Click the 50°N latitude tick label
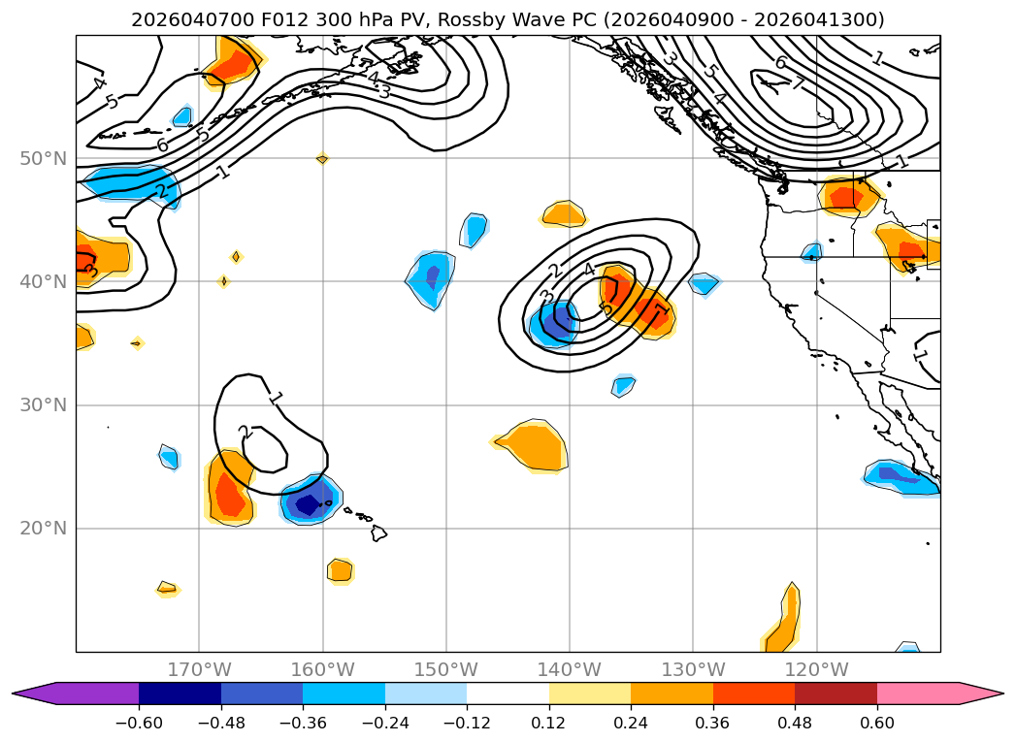43,158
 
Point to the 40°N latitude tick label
43,281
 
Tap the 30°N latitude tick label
43,404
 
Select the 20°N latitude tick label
43,529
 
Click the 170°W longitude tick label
199,669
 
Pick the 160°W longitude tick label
322,669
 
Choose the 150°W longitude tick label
446,669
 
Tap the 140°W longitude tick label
570,669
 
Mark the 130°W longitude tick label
693,669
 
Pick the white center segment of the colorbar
508,693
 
